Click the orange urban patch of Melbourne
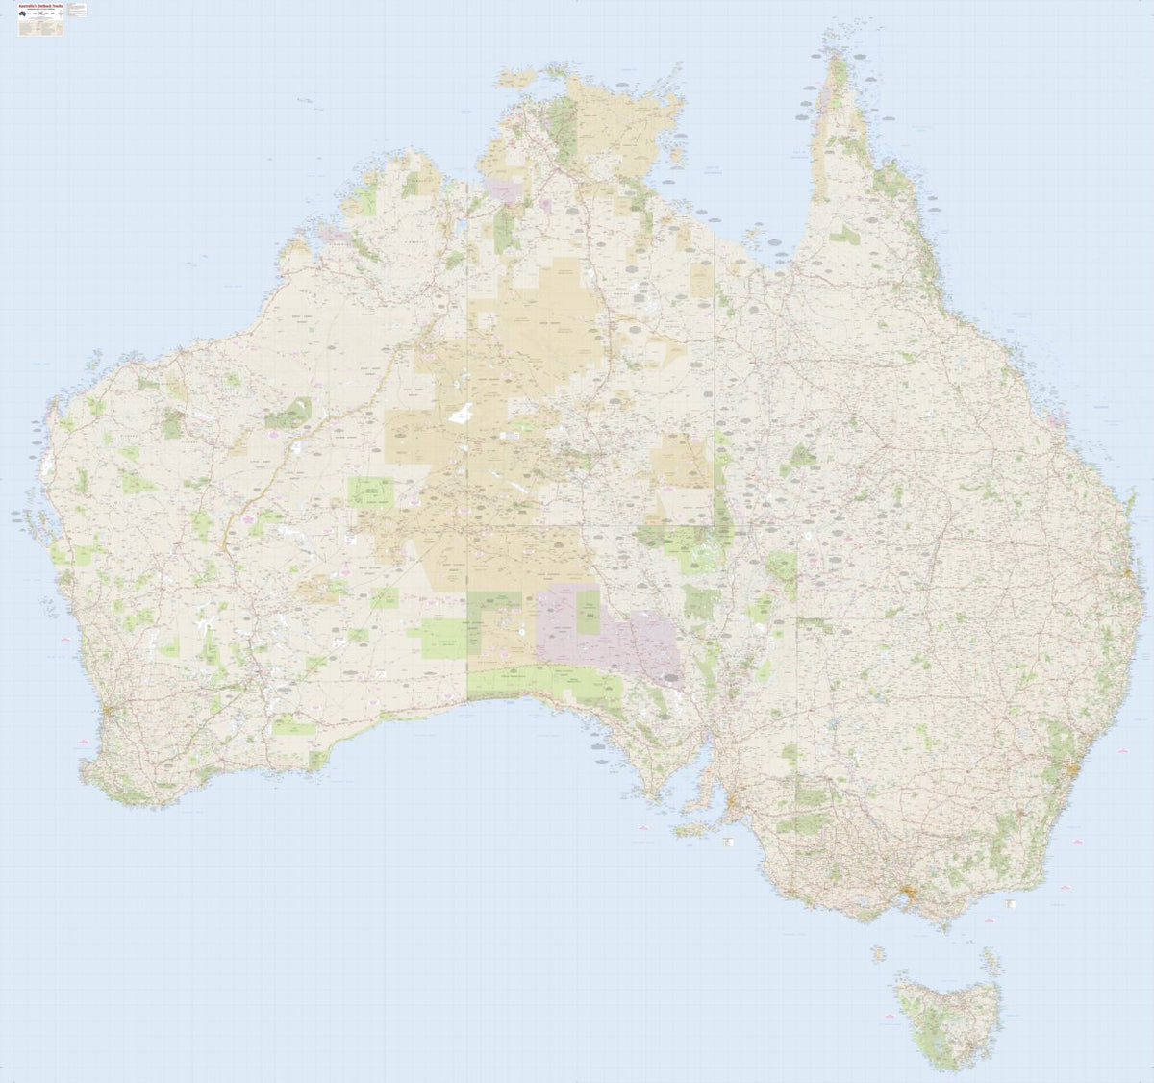click(907, 895)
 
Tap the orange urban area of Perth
click(110, 714)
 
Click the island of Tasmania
click(947, 1020)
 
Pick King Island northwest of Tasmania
click(878, 954)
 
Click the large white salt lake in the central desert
click(461, 415)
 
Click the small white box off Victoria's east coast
click(1011, 904)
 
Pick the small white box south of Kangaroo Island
click(727, 843)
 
